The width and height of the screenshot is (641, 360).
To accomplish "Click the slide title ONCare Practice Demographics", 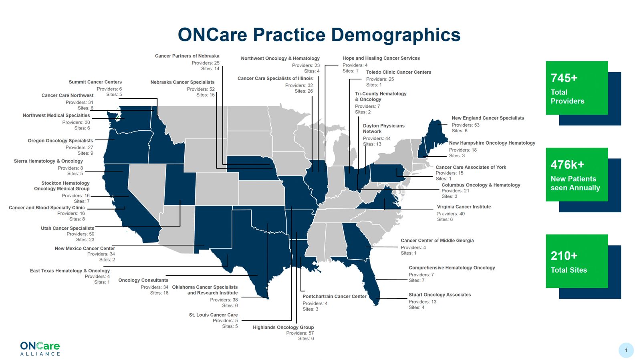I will tap(319, 35).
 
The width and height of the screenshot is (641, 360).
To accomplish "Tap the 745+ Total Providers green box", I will tap(576, 88).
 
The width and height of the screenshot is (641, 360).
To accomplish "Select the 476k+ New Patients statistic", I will tap(576, 175).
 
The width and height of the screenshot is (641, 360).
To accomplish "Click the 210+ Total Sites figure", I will tap(576, 261).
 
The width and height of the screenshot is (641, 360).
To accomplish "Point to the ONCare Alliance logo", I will tap(40, 348).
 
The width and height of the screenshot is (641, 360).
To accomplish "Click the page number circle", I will tap(626, 350).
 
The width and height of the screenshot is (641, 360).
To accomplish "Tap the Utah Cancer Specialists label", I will tap(67, 228).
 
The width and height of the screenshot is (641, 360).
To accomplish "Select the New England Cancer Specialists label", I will tap(488, 118).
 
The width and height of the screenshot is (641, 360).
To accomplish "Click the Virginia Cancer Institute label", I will tap(464, 207).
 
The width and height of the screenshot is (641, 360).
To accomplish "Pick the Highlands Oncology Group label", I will tap(283, 327).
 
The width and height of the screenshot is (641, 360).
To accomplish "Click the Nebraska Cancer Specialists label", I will tap(182, 82).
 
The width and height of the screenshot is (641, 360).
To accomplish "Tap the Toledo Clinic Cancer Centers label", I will tap(398, 72).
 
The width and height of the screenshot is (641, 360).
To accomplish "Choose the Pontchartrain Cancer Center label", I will tap(334, 296).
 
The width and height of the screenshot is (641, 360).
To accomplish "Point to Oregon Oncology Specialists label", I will tap(60, 141).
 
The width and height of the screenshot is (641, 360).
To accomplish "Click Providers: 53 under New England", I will tap(465, 125).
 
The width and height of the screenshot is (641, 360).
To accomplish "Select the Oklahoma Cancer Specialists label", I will tap(205, 287).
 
